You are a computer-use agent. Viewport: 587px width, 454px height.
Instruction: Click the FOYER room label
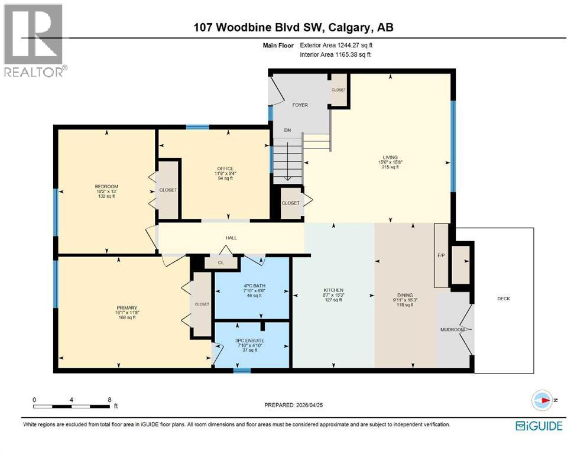300,105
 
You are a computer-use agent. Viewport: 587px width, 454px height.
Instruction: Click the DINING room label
405,295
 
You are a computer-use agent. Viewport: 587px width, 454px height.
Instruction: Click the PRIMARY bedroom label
127,307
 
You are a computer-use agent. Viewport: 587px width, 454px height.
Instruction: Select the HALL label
231,238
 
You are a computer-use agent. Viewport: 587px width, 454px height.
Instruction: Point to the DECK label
503,299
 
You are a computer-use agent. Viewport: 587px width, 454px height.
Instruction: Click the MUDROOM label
452,329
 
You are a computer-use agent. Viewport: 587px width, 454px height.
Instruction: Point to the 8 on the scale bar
109,400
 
